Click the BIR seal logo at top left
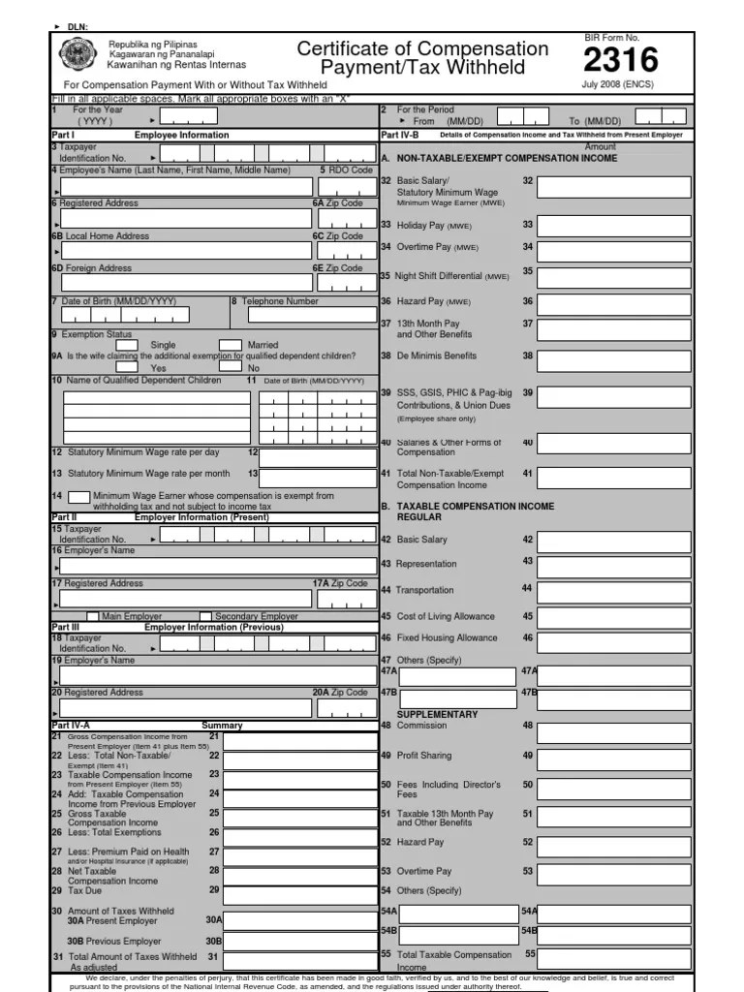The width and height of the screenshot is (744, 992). pos(77,56)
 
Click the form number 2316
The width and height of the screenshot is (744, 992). pos(620,61)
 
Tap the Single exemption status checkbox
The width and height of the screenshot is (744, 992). pos(127,345)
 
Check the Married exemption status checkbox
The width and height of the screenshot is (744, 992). pos(230,345)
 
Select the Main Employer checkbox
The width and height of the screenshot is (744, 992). pos(93,616)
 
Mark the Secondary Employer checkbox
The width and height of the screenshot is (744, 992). pos(205,616)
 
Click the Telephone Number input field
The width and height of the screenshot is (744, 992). pos(311,315)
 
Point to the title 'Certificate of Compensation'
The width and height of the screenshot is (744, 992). pos(422,48)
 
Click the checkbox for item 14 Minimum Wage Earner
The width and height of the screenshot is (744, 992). pos(79,497)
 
